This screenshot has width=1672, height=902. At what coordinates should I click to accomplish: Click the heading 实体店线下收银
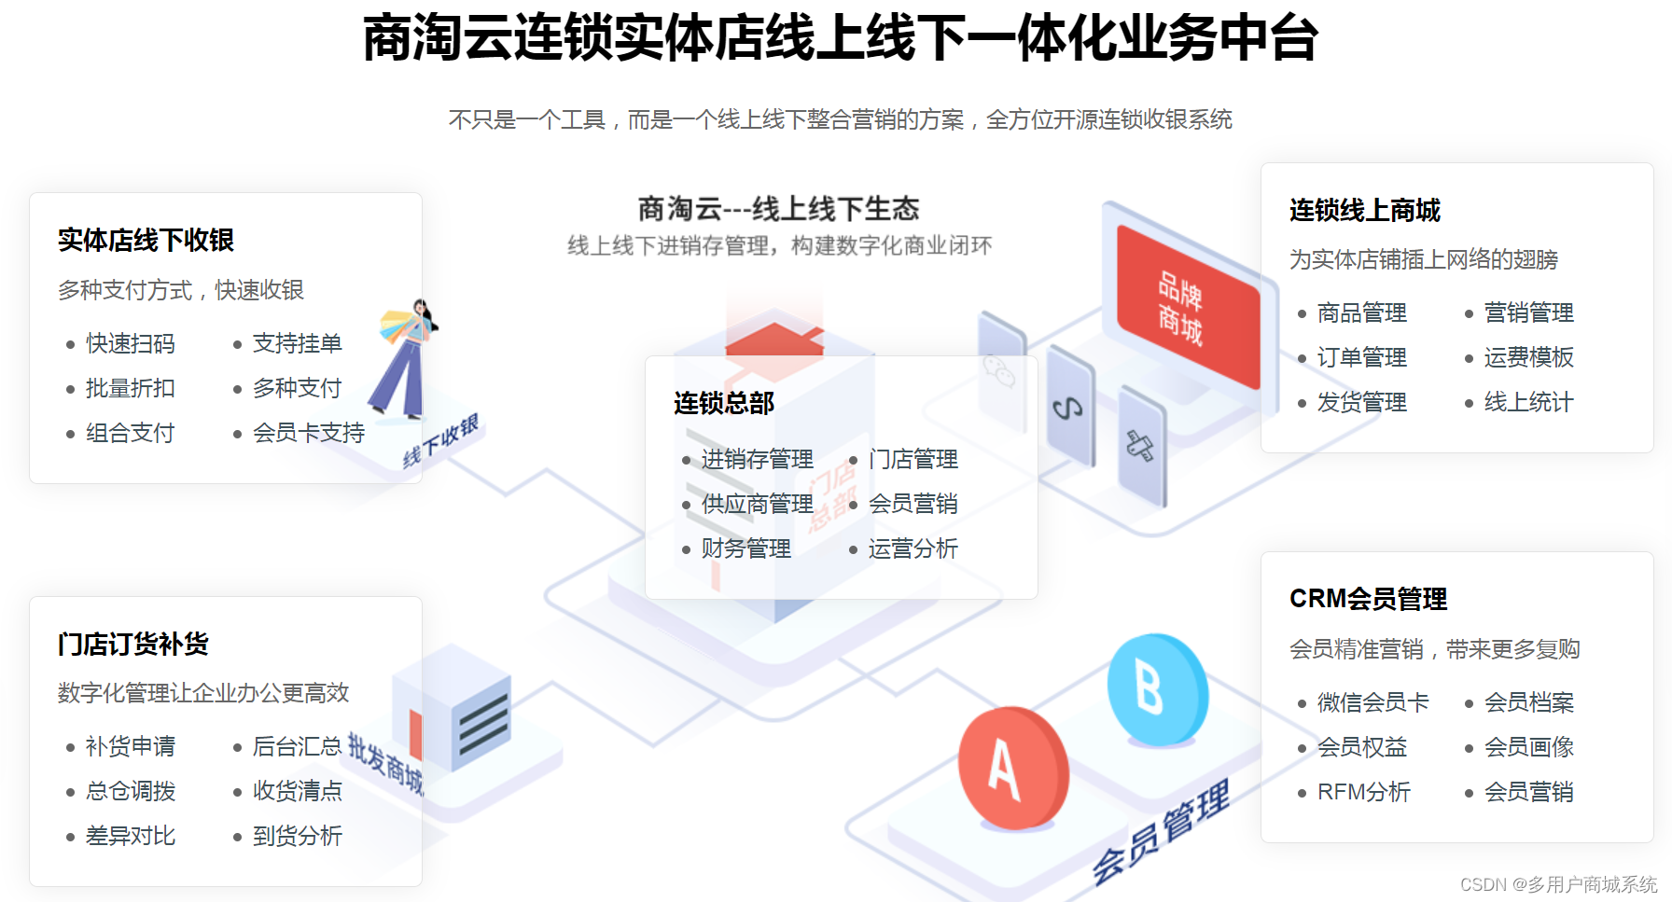(146, 241)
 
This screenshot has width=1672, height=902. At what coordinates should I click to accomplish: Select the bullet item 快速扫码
(130, 344)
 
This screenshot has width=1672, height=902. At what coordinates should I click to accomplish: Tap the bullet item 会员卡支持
(308, 433)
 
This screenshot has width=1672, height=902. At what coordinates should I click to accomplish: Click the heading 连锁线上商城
(1364, 211)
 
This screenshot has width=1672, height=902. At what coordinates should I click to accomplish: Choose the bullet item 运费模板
(1528, 357)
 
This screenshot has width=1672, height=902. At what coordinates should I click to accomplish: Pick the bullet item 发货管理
(1361, 402)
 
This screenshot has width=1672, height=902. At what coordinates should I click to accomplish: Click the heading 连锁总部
(724, 403)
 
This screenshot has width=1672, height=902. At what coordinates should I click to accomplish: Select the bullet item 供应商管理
(757, 504)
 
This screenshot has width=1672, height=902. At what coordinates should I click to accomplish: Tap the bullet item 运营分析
(913, 548)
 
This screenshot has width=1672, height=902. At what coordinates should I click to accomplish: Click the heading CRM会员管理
(1368, 599)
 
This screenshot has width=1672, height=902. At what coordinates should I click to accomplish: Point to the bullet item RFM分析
(1363, 792)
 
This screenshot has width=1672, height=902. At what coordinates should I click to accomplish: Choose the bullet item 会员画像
(1528, 747)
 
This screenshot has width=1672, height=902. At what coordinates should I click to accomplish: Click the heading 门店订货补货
(132, 645)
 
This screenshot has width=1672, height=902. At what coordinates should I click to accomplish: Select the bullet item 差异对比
(130, 836)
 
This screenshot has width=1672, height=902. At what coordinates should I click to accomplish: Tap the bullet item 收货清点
(297, 791)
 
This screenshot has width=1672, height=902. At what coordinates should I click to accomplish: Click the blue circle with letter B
(1156, 690)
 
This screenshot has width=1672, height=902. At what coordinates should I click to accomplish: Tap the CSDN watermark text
(1557, 884)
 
